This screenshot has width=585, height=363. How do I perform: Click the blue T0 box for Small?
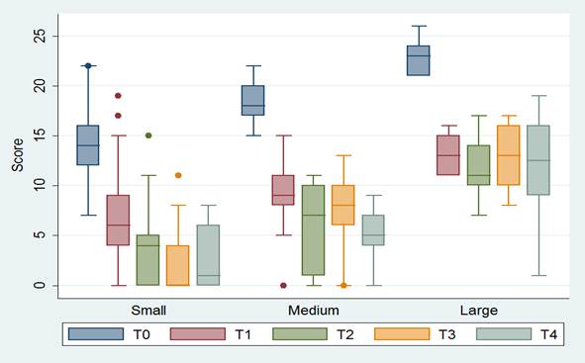(88, 145)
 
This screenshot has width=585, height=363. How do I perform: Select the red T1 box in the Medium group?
(283, 190)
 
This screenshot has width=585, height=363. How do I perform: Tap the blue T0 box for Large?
(419, 60)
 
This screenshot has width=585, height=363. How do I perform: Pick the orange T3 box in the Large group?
(508, 155)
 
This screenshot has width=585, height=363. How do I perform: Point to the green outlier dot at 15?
(147, 136)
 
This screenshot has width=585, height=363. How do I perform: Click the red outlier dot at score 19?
(118, 96)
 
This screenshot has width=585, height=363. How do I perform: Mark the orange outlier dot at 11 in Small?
(177, 175)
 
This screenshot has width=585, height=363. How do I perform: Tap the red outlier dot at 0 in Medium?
(283, 285)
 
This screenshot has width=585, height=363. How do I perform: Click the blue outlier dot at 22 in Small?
(88, 66)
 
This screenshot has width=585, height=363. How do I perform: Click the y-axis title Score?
(17, 160)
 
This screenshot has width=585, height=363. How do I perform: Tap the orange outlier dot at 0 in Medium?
(342, 285)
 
